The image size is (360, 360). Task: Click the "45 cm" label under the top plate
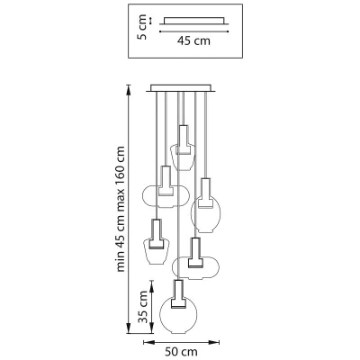(x=193, y=40)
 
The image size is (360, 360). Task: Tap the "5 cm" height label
(x=142, y=27)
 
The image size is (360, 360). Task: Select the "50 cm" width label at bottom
(x=181, y=351)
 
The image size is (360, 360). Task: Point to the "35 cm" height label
(x=144, y=307)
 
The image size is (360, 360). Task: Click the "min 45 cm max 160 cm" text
(x=121, y=209)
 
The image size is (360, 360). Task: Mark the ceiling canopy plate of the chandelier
(x=181, y=88)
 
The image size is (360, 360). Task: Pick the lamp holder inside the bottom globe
(x=178, y=294)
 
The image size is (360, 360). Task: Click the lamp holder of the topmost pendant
(x=183, y=139)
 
